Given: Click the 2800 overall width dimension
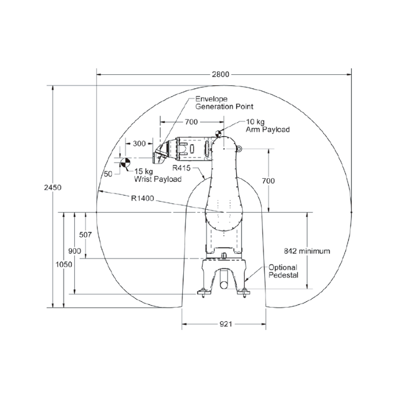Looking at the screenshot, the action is click(220, 74).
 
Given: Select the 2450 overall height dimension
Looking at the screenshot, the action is click(53, 188).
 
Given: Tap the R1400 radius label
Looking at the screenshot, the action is click(143, 198).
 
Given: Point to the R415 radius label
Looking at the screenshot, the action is click(181, 168).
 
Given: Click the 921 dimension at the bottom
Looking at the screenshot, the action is click(226, 324).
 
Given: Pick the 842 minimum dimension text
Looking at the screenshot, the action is click(307, 251).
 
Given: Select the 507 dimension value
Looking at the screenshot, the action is click(85, 235).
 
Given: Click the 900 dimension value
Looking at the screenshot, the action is click(75, 251).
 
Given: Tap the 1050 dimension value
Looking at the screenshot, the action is click(64, 264).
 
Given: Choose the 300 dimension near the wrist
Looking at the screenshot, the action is click(139, 144).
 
